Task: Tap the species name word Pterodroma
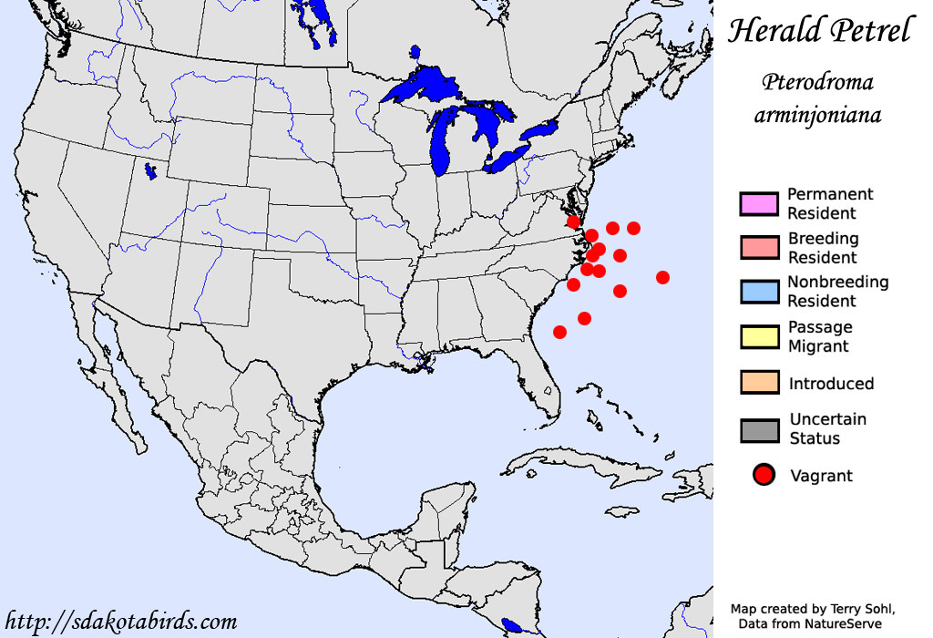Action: (x=817, y=83)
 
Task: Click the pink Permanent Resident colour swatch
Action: (x=759, y=204)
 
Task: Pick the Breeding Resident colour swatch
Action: (x=759, y=248)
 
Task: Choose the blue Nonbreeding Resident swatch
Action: (x=759, y=292)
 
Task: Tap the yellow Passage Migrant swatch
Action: (x=759, y=336)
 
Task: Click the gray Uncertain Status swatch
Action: (x=759, y=429)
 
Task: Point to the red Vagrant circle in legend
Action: (x=764, y=475)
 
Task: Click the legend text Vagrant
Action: (x=821, y=476)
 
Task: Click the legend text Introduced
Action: (x=831, y=384)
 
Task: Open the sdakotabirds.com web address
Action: (x=121, y=623)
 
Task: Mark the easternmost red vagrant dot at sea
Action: (x=662, y=277)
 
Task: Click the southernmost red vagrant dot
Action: (x=559, y=332)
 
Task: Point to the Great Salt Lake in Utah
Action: (x=147, y=170)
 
